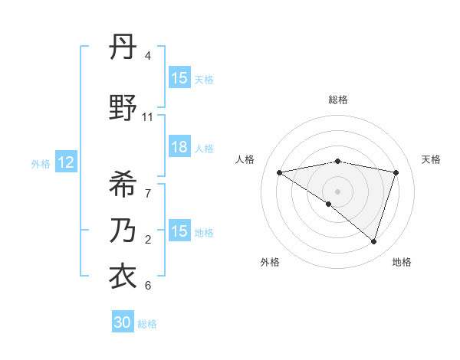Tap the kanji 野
pos(123,109)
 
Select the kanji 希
pos(123,183)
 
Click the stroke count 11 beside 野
pos(148,117)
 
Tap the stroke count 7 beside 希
pos(148,192)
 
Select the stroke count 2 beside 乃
pos(148,240)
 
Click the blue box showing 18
pos(179,148)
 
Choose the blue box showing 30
pos(123,322)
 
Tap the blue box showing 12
pos(65,162)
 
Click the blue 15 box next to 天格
pos(179,78)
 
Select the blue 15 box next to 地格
pos(179,231)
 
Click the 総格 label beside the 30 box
pos(147,324)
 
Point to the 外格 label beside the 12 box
pos(41,163)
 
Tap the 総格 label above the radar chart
pos(337,100)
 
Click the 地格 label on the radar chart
pos(402,262)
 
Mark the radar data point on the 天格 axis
pos(396,172)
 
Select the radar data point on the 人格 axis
pos(279,172)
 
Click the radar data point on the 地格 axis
pos(374,241)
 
